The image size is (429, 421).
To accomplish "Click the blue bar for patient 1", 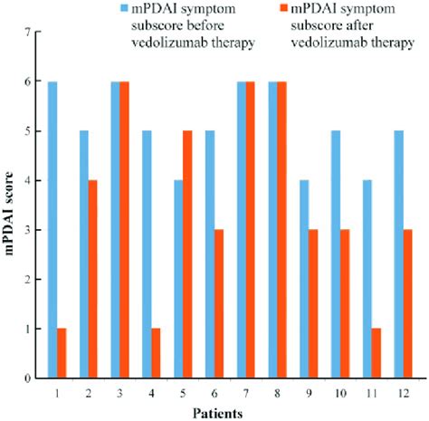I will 53,229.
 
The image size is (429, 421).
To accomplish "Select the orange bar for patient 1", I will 62,353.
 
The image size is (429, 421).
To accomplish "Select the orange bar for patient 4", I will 156,353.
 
